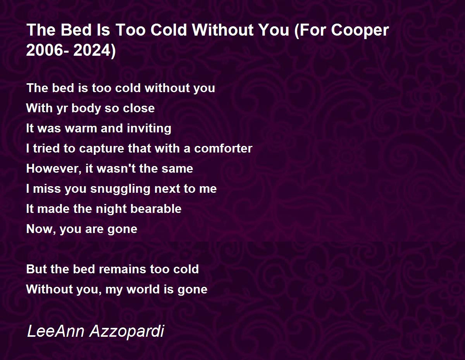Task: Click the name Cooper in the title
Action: click(x=360, y=30)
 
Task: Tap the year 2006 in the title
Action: click(x=45, y=50)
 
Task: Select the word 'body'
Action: click(x=86, y=108)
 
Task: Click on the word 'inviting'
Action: click(x=149, y=129)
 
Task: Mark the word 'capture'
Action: click(x=102, y=149)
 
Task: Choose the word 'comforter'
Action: click(x=223, y=148)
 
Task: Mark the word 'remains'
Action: click(x=122, y=269)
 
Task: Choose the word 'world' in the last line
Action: click(x=143, y=289)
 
